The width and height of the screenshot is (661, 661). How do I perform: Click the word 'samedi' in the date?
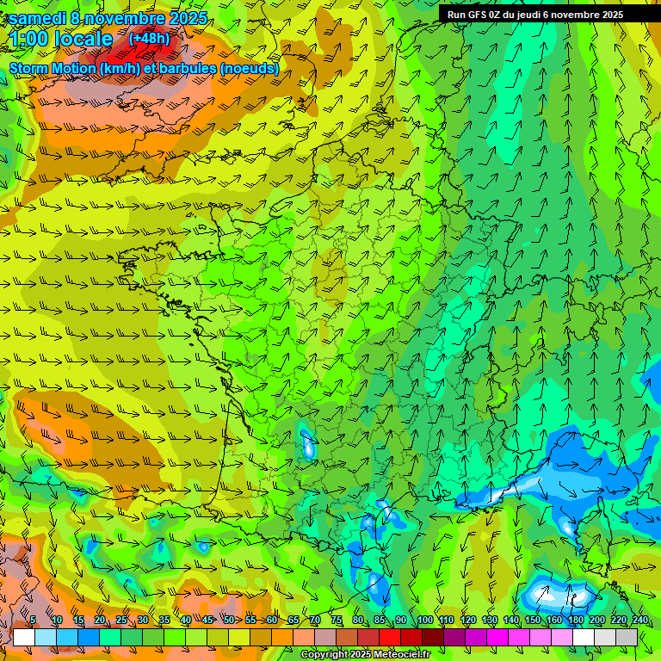click(36, 18)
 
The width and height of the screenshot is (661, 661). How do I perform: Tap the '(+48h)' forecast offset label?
click(149, 39)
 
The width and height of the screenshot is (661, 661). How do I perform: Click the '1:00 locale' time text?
click(61, 40)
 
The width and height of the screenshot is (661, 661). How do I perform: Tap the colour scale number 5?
click(33, 620)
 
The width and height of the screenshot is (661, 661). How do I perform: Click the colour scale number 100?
click(425, 620)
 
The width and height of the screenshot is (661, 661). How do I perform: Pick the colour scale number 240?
click(639, 620)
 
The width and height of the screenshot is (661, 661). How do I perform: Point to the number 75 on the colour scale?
click(337, 620)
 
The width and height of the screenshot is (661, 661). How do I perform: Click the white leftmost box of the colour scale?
click(24, 637)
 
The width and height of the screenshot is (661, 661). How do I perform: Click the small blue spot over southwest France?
click(308, 444)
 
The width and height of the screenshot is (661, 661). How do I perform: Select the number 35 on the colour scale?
click(164, 620)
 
